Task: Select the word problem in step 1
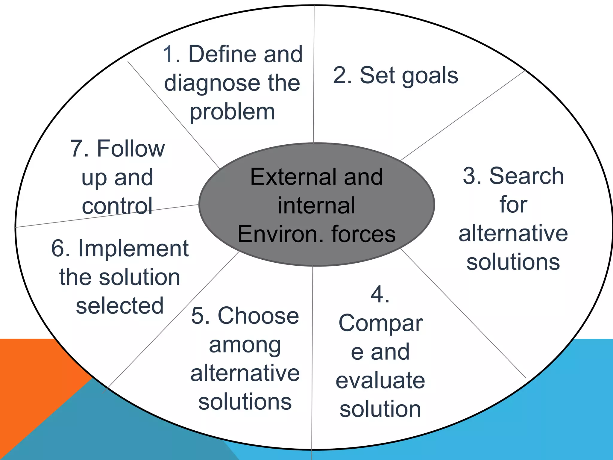[232, 112]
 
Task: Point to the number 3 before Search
[469, 176]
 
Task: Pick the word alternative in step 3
[513, 234]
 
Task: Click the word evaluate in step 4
[380, 380]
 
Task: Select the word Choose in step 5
[258, 316]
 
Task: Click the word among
[245, 345]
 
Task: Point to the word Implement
[133, 249]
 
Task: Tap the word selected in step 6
[120, 306]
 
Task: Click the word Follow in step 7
[131, 149]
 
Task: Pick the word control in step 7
[117, 206]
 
